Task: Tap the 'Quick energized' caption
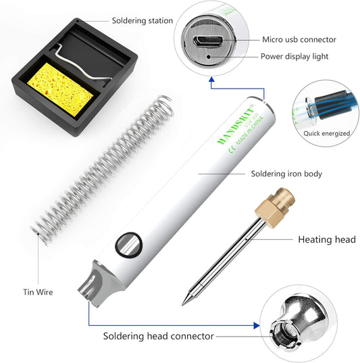pos(326,133)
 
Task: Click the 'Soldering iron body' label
pos(286,174)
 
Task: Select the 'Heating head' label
pos(327,239)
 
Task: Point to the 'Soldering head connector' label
pos(158,335)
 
